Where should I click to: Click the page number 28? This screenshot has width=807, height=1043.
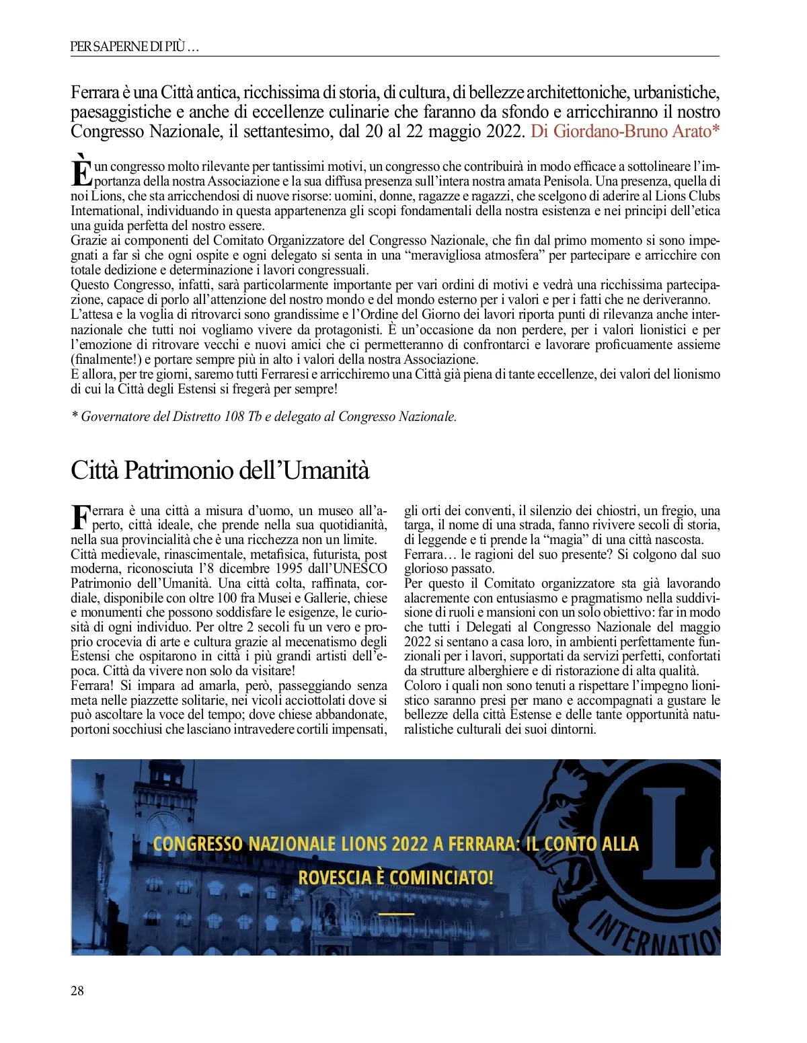(77, 991)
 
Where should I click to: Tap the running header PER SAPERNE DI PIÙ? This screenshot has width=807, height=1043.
(134, 46)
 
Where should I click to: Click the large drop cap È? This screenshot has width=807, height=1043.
(81, 170)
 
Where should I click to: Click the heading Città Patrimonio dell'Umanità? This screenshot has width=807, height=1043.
(220, 469)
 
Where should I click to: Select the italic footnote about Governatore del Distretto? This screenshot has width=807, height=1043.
(264, 416)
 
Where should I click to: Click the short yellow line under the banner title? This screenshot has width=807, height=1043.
(397, 914)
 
